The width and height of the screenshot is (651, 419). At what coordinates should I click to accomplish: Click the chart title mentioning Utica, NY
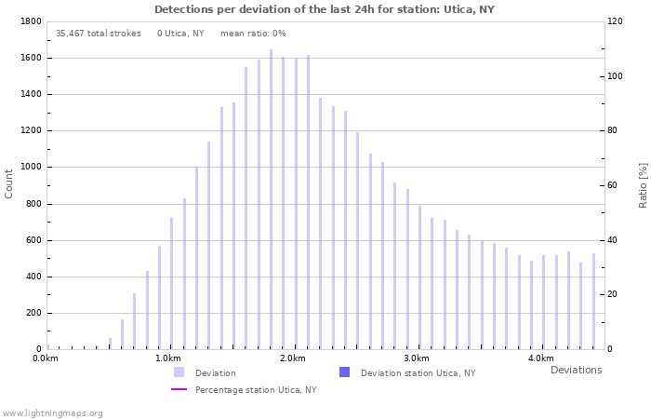click(x=325, y=9)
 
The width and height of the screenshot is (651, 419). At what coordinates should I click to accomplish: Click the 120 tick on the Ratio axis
click(x=616, y=21)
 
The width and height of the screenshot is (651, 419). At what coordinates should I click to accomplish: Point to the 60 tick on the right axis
click(x=614, y=185)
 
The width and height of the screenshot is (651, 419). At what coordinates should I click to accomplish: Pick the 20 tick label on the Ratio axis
click(x=614, y=295)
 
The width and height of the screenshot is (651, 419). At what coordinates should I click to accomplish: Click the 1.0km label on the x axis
click(x=168, y=358)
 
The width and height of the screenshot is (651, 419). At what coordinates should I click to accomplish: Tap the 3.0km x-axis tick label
click(x=417, y=358)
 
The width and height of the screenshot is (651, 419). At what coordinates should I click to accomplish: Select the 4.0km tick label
click(x=540, y=358)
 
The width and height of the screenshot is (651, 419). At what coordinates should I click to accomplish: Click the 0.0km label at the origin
click(x=45, y=358)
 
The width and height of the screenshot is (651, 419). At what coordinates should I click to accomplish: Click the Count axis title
click(x=9, y=183)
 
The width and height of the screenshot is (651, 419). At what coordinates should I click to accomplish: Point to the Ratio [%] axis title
click(x=643, y=184)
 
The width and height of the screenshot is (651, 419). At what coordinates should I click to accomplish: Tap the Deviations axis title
click(x=576, y=370)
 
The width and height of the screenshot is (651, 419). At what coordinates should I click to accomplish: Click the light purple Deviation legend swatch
click(x=179, y=372)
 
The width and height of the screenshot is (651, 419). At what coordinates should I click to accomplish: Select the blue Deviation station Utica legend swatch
click(x=344, y=372)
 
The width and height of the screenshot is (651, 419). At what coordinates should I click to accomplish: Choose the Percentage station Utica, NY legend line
click(x=179, y=389)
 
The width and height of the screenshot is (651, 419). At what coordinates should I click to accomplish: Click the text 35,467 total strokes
click(x=98, y=34)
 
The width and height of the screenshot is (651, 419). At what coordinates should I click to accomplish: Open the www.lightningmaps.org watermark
click(x=53, y=412)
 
